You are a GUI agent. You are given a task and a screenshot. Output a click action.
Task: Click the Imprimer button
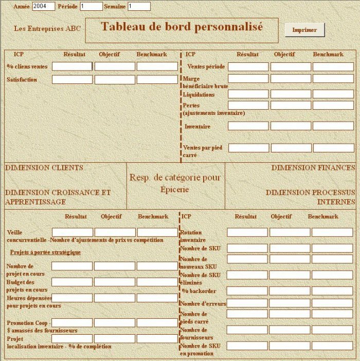pyautogui.click(x=304, y=30)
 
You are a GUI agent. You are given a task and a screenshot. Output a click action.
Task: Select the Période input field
pyautogui.click(x=91, y=6)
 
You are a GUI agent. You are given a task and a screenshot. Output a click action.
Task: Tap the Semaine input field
pyautogui.click(x=139, y=6)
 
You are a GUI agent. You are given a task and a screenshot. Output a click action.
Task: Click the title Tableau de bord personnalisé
pyautogui.click(x=182, y=27)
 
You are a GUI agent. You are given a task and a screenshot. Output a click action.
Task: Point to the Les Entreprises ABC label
pyautogui.click(x=47, y=28)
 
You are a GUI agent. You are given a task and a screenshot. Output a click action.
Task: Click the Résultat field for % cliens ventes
pyautogui.click(x=72, y=66)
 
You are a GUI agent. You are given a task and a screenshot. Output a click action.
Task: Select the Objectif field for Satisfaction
pyautogui.click(x=115, y=80)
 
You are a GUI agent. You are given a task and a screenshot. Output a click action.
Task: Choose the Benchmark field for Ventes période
pyautogui.click(x=333, y=66)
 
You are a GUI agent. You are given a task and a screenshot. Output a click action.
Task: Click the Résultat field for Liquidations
pyautogui.click(x=248, y=94)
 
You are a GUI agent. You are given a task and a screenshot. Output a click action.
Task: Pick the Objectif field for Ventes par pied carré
pyautogui.click(x=291, y=148)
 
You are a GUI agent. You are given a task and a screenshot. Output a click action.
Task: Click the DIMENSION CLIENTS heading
pyautogui.click(x=44, y=168)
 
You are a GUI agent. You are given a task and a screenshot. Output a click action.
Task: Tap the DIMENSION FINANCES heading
pyautogui.click(x=313, y=168)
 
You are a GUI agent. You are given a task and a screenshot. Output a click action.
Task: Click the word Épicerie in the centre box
pyautogui.click(x=174, y=190)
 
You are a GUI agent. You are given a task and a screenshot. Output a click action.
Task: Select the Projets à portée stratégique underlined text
pyautogui.click(x=45, y=252)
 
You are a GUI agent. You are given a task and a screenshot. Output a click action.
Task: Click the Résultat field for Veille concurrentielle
pyautogui.click(x=73, y=232)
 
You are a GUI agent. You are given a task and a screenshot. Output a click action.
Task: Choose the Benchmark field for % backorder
pyautogui.click(x=332, y=290)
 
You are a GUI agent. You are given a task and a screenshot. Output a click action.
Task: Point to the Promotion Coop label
pyautogui.click(x=27, y=323)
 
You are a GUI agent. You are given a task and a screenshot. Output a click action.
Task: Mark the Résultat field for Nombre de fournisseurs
pyautogui.click(x=247, y=330)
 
